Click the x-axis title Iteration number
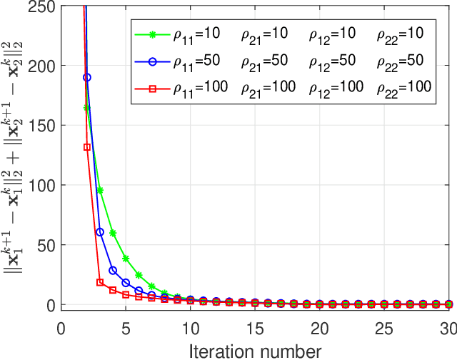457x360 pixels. pyautogui.click(x=255, y=349)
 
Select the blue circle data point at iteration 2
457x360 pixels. pyautogui.click(x=87, y=77)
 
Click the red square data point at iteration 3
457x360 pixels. pyautogui.click(x=100, y=282)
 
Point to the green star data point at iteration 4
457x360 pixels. pyautogui.click(x=113, y=233)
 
